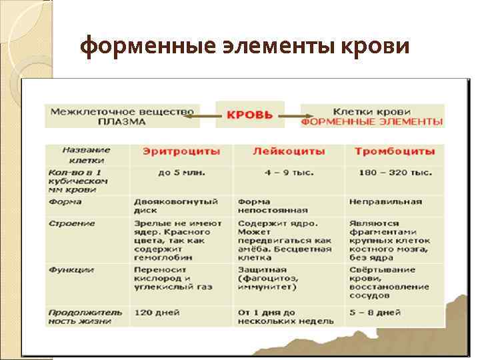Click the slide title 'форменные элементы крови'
click(244, 46)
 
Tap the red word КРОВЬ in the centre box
click(250, 115)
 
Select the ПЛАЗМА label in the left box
click(121, 122)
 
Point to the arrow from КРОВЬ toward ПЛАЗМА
click(201, 116)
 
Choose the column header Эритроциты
click(181, 151)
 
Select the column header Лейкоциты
click(289, 151)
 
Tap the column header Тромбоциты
click(395, 151)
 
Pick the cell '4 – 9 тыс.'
click(289, 172)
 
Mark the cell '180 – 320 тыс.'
click(394, 172)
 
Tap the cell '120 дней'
click(157, 311)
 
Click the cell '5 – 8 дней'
click(375, 311)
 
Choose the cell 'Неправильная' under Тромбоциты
click(385, 201)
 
